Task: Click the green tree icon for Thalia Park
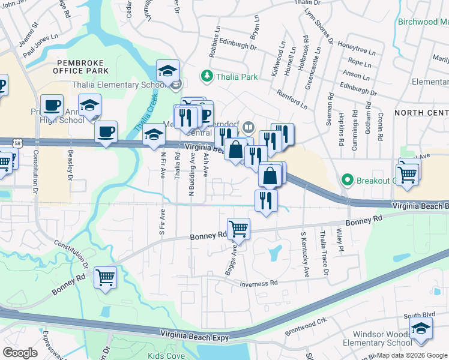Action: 207,77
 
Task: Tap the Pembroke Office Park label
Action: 82,67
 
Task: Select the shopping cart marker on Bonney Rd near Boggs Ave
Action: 238,229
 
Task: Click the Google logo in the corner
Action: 20,353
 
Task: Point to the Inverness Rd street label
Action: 259,283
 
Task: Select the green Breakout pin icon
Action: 347,179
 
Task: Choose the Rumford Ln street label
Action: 292,99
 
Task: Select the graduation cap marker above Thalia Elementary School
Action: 168,71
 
